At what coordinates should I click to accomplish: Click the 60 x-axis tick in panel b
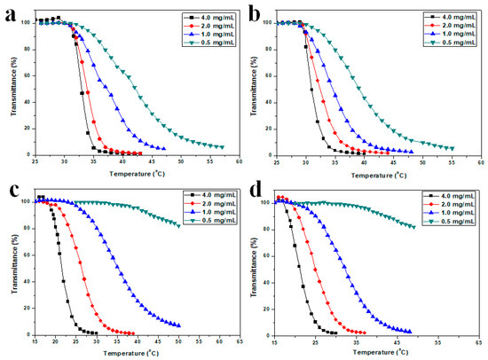[480, 163]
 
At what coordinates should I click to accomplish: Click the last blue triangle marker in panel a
[163, 148]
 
